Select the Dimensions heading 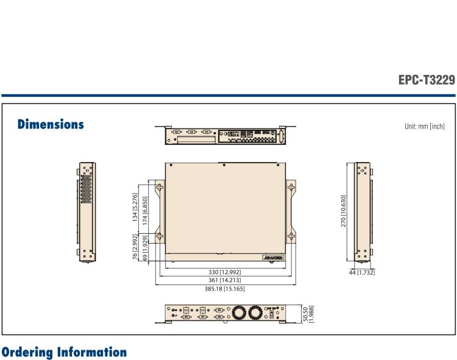coord(51,124)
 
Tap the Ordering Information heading coord(63,353)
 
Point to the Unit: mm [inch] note coord(424,127)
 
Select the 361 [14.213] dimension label coord(224,280)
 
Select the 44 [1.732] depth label coord(362,272)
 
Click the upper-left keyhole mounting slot coord(159,189)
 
